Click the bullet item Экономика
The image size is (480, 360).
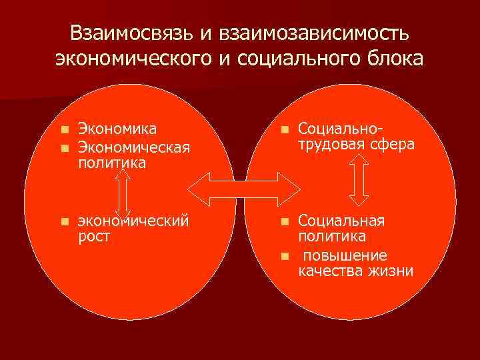coord(117,128)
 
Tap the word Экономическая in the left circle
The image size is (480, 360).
coord(133,145)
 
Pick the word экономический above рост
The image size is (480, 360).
coord(131,220)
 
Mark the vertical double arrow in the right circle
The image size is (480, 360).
coord(359,179)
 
